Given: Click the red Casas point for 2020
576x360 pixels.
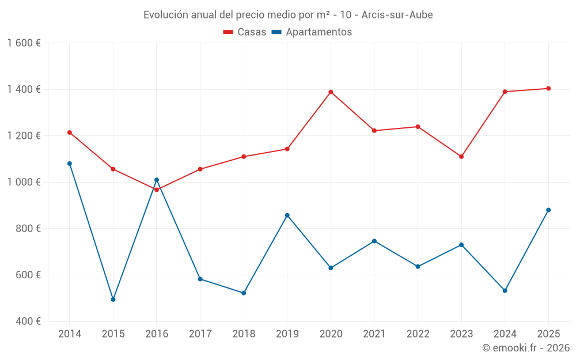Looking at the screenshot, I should click(x=331, y=92).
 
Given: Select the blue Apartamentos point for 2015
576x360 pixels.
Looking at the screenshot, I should click(x=113, y=300).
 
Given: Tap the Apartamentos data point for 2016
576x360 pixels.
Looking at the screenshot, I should click(x=157, y=180).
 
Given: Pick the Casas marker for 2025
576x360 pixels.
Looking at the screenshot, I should click(x=548, y=89).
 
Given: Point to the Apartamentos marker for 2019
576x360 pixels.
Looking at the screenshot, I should click(x=287, y=215).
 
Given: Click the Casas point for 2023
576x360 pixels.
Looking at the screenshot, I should click(x=461, y=157).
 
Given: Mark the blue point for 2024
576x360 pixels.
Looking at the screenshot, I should click(x=505, y=291).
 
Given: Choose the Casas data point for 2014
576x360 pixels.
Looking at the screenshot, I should click(x=70, y=132).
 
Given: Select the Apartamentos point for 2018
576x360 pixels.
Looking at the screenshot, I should click(x=244, y=293).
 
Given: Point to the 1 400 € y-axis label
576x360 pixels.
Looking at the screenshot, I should click(x=24, y=89).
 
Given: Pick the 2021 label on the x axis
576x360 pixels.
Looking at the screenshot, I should click(x=374, y=334).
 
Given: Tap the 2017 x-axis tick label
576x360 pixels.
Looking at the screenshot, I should click(x=200, y=334).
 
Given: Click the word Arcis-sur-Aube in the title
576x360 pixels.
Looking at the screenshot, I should click(x=397, y=14).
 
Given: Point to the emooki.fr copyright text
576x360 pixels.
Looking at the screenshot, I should click(x=526, y=348).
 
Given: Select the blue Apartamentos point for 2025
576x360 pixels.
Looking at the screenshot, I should click(x=548, y=210).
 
